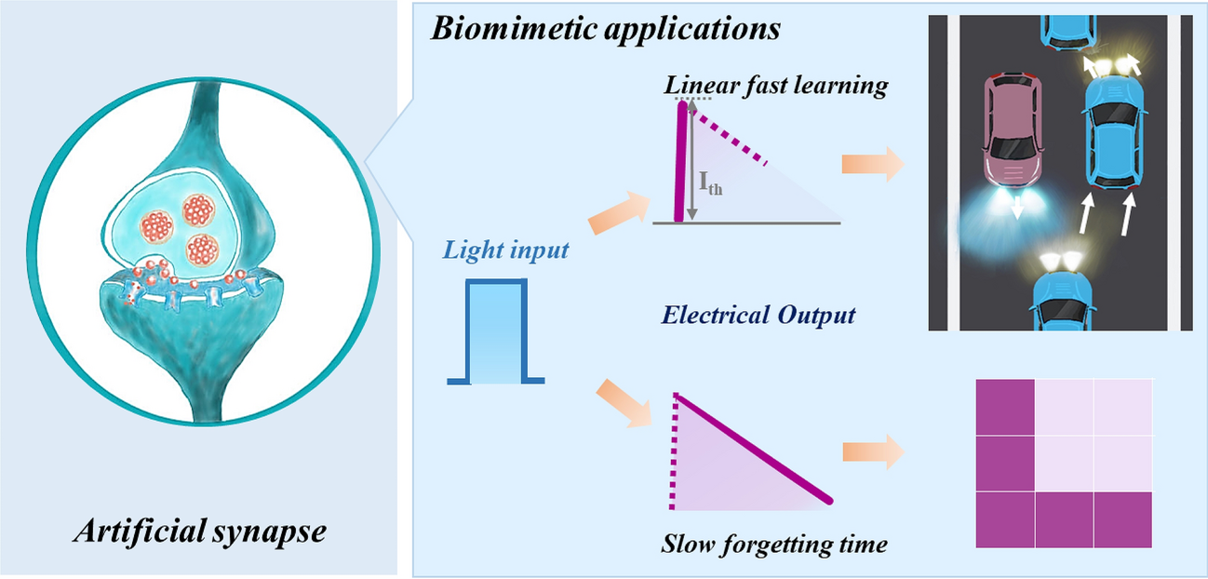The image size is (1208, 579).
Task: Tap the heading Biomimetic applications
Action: coord(605,28)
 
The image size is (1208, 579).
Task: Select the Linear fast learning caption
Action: coord(776,87)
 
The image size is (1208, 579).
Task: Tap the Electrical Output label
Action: coord(758,316)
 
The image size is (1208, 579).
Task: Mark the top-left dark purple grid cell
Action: coord(1005,407)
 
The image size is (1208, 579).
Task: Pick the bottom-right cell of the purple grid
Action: coord(1124,519)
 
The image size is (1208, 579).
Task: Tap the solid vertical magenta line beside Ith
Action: coord(683,163)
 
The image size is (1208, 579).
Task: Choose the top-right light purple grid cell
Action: coord(1124,407)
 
